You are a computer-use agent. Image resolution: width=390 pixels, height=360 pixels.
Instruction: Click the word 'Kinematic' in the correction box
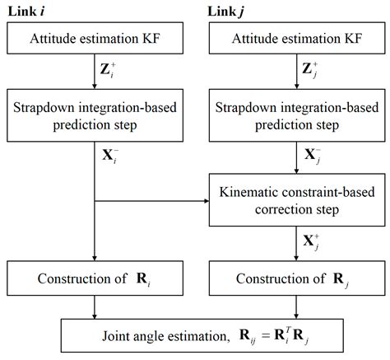point(246,192)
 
